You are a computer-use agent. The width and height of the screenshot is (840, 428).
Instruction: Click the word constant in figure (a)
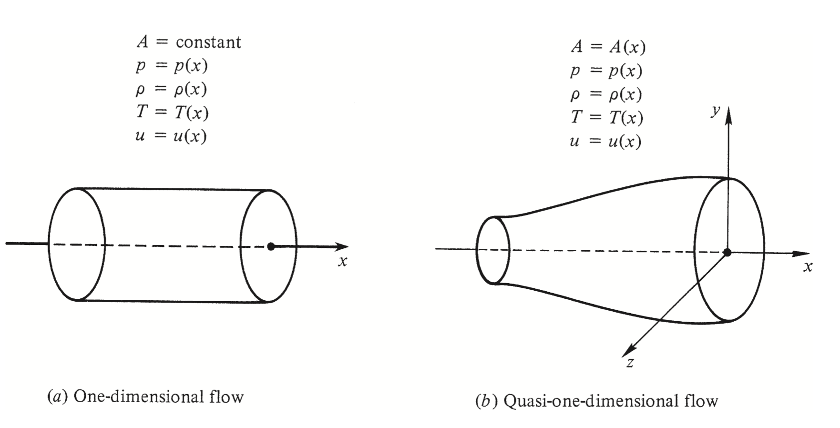(x=208, y=42)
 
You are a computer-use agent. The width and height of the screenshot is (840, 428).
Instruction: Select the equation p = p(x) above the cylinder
(x=172, y=66)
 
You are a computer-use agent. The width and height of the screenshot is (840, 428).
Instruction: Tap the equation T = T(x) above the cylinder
(x=172, y=112)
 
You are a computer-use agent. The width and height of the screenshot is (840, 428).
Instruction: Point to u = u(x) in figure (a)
(x=171, y=136)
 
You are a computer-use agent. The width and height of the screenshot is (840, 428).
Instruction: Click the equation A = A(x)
(x=608, y=47)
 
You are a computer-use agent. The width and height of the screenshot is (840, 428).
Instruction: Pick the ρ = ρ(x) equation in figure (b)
(x=606, y=94)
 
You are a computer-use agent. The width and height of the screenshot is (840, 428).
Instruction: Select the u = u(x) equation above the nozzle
(x=605, y=141)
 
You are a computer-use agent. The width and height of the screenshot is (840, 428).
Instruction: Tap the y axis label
(x=715, y=111)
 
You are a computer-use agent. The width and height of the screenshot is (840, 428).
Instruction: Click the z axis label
(x=630, y=363)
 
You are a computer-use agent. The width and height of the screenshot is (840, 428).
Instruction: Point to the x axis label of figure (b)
(x=807, y=266)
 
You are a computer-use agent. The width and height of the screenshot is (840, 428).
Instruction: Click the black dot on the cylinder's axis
(x=271, y=246)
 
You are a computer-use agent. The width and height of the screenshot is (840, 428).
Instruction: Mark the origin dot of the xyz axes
(x=727, y=253)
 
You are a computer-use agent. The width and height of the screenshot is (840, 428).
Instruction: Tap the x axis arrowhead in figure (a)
(x=342, y=246)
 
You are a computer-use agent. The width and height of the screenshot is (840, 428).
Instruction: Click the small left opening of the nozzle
(x=493, y=250)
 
